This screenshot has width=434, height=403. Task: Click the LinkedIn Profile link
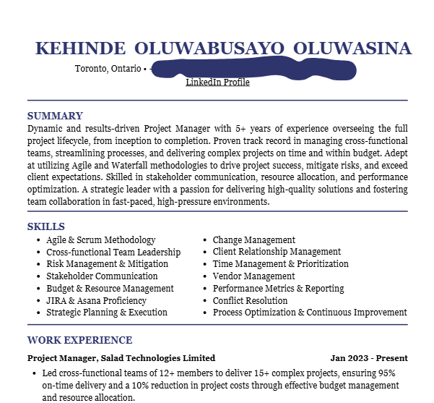[x=217, y=82]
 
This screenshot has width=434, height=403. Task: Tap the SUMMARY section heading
[x=55, y=116]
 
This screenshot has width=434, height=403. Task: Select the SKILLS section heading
[x=46, y=226]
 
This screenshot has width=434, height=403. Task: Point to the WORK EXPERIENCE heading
[x=79, y=340]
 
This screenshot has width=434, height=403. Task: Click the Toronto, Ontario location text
[x=108, y=69]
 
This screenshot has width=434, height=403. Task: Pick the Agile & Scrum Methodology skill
[x=100, y=240]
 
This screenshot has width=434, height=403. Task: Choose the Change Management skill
[x=253, y=240]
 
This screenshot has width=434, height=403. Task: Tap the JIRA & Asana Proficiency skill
[x=96, y=300]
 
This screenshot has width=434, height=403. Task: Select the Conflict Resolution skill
[x=250, y=300]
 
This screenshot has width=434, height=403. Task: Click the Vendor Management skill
[x=253, y=276]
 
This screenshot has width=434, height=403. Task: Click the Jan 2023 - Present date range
[x=369, y=358]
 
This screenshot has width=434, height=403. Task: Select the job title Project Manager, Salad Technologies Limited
[x=121, y=358]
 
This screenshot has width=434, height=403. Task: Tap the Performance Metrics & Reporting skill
[x=278, y=288]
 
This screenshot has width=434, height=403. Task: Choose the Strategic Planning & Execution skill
[x=106, y=313]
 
